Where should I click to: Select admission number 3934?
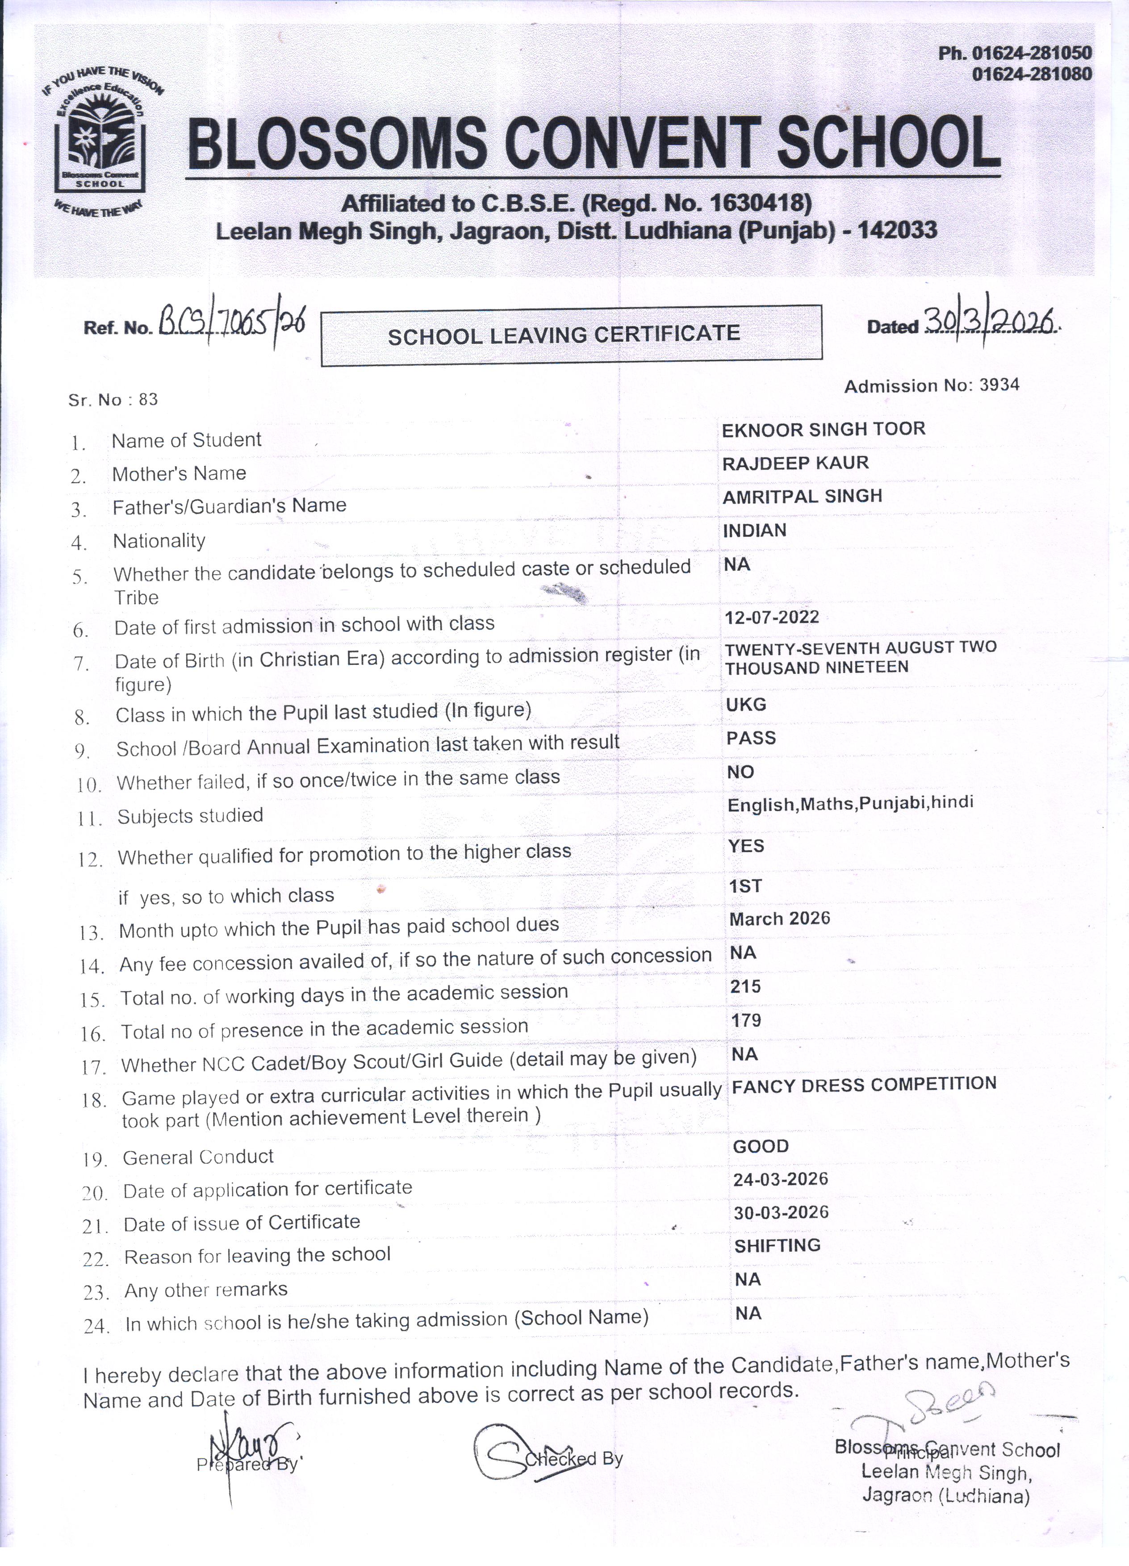[x=999, y=384]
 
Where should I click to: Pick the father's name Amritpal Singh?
[x=802, y=496]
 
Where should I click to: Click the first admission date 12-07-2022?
[x=771, y=617]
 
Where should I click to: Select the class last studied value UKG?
[x=746, y=704]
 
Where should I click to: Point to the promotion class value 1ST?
[x=745, y=886]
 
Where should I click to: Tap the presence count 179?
[x=746, y=1020]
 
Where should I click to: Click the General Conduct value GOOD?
[x=760, y=1146]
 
